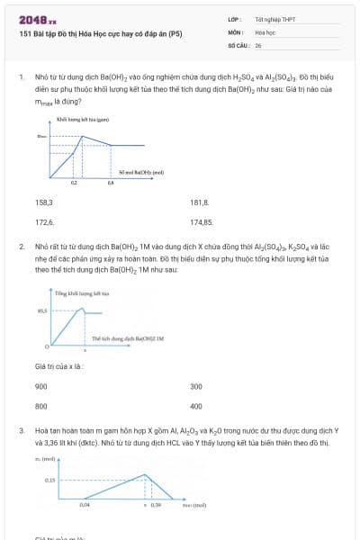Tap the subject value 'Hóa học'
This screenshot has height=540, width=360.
[x=265, y=31]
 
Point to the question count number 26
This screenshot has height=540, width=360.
[x=258, y=44]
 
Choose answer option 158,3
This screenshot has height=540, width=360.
[x=44, y=202]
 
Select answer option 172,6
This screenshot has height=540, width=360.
[x=44, y=221]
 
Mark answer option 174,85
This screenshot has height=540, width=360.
[x=202, y=221]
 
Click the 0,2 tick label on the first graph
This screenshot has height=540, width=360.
[x=74, y=183]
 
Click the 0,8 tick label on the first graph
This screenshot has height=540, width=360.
[x=111, y=183]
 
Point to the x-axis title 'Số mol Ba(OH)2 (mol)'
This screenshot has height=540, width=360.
[x=141, y=171]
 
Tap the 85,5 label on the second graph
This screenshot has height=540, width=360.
[x=41, y=310]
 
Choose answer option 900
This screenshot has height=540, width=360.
[x=41, y=386]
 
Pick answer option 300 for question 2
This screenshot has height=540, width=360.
[x=196, y=386]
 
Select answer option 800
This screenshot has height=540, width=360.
[x=41, y=406]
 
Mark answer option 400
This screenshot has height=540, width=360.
[x=196, y=406]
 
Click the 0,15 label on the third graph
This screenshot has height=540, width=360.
[x=49, y=481]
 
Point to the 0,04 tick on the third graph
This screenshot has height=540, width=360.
[x=85, y=505]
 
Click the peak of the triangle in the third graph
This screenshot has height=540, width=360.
[x=145, y=474]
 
